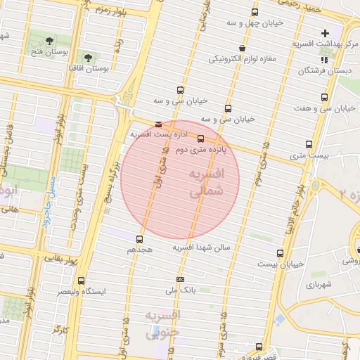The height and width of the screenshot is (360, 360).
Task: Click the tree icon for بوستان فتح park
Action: [49, 41]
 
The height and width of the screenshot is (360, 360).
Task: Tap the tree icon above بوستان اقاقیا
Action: [88, 57]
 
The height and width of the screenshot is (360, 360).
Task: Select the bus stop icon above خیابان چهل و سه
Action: [255, 12]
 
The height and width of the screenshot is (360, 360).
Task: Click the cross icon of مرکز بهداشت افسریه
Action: [325, 32]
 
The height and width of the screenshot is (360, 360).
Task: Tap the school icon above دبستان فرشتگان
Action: [324, 60]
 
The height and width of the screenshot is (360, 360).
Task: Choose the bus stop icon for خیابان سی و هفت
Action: [324, 97]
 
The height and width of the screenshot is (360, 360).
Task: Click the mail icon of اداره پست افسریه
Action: [157, 124]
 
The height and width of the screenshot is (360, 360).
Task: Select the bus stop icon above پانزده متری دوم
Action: [200, 139]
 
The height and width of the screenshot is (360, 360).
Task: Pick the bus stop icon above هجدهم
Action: [139, 239]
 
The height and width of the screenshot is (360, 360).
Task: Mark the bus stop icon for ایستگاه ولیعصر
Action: [82, 280]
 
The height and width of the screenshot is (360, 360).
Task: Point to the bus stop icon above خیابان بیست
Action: [281, 253]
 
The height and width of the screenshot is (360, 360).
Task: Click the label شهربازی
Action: [319, 285]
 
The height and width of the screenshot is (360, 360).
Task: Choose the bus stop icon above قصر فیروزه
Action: [259, 347]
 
